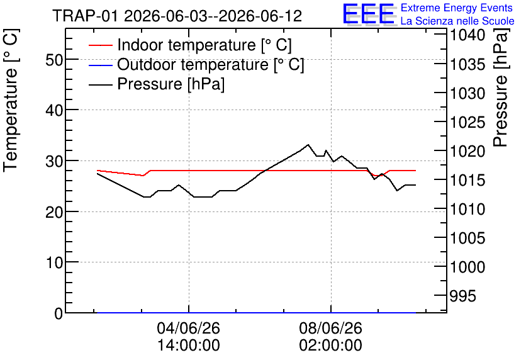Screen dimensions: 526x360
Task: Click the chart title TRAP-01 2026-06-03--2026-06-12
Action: click(177, 16)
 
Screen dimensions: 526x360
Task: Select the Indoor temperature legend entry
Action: click(190, 45)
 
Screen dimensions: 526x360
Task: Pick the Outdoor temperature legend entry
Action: click(196, 64)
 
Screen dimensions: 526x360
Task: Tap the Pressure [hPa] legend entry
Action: click(156, 84)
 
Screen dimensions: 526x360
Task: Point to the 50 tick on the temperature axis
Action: click(54, 60)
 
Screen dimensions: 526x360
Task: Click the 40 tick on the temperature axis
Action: click(54, 110)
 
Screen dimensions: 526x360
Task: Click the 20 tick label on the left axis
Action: click(54, 212)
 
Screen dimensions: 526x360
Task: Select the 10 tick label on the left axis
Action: click(54, 262)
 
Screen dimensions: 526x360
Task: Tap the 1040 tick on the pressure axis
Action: click(467, 35)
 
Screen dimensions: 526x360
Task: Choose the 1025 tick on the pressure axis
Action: click(467, 123)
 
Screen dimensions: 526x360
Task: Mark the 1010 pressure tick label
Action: click(467, 210)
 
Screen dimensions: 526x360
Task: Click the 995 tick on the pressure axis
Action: click(462, 296)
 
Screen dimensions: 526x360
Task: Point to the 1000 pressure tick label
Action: click(467, 267)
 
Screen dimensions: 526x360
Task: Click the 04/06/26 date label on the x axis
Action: click(189, 328)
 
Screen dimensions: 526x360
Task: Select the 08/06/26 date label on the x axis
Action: click(331, 328)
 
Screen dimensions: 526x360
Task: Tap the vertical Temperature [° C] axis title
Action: click(11, 100)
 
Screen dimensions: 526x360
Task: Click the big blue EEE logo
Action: click(369, 14)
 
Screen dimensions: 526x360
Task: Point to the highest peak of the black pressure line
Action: click(308, 145)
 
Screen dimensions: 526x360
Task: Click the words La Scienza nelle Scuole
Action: click(457, 21)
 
